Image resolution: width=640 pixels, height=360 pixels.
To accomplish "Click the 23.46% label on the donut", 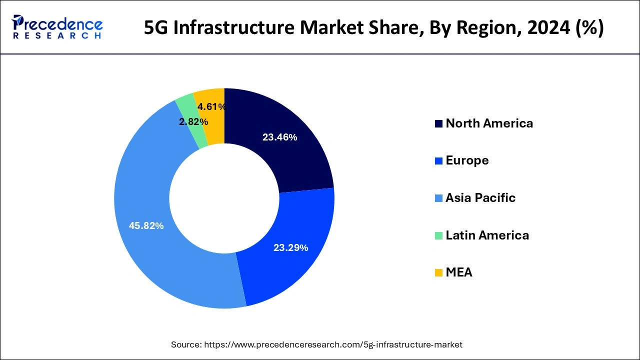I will click(x=279, y=137).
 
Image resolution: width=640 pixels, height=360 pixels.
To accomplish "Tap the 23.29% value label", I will click(x=290, y=247).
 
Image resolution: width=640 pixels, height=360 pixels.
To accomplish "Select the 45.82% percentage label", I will click(x=146, y=226).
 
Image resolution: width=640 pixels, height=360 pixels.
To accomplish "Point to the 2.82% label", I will click(x=193, y=122).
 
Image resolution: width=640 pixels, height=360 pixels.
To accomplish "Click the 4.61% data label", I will click(x=211, y=106).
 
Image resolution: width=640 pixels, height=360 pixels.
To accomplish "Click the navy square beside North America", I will click(x=438, y=124).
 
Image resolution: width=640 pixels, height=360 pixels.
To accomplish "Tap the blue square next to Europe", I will click(x=438, y=161).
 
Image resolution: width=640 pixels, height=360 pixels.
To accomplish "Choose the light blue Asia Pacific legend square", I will click(x=438, y=198).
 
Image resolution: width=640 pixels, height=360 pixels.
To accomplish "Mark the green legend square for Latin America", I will click(x=438, y=235).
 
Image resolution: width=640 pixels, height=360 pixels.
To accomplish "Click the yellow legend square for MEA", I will click(x=438, y=273).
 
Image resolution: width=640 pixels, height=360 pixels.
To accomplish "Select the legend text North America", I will click(x=489, y=123).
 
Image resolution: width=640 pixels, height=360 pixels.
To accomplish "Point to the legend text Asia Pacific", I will click(x=480, y=198).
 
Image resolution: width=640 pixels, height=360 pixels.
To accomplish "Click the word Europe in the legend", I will click(x=467, y=160).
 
